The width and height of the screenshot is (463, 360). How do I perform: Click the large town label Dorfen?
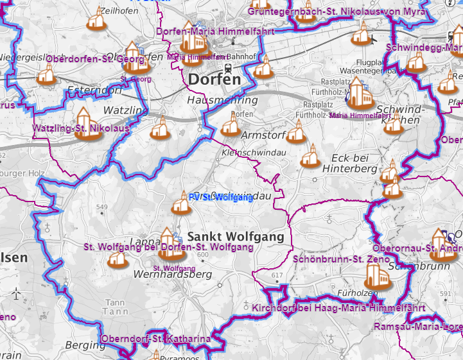(214, 80)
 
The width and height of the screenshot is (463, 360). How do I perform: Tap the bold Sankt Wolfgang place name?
(236, 237)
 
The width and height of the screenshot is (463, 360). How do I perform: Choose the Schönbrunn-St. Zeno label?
(341, 259)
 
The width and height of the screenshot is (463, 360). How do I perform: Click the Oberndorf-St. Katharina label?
(156, 339)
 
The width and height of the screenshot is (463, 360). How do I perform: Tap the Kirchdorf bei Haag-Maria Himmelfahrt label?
(339, 308)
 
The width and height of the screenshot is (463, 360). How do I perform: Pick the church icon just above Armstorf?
(231, 124)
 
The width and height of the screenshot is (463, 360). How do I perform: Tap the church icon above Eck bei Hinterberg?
(310, 157)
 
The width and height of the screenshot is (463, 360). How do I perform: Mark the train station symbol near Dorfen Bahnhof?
(227, 69)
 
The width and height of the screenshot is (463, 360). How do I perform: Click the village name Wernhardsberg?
(172, 274)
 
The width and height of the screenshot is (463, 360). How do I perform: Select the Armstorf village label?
(263, 135)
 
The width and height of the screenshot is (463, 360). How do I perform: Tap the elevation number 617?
(277, 275)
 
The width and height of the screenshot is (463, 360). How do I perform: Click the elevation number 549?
(101, 207)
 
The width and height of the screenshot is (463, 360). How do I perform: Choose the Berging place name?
(85, 345)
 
